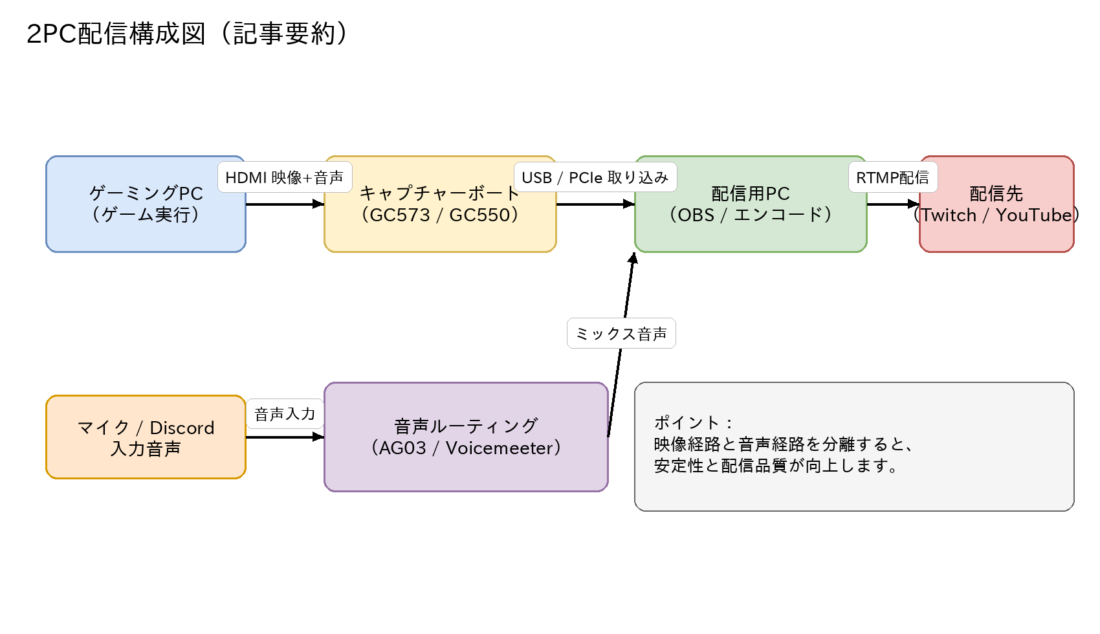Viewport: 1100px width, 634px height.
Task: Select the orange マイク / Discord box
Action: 146,437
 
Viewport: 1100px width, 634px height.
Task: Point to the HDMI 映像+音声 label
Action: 285,177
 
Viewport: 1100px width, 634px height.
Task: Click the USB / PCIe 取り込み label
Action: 595,177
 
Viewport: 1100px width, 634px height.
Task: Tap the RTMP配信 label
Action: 893,177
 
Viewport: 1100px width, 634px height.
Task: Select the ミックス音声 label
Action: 621,334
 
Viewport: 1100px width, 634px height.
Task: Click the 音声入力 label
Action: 285,414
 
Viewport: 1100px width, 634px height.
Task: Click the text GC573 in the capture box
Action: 399,215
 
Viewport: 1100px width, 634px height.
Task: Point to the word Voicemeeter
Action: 499,448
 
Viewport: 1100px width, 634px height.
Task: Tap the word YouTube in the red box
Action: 1033,215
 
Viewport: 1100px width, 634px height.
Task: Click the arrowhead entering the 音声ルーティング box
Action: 318,437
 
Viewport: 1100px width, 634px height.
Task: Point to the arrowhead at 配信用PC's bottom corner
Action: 633,258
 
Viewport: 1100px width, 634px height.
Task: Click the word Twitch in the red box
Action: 949,215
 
